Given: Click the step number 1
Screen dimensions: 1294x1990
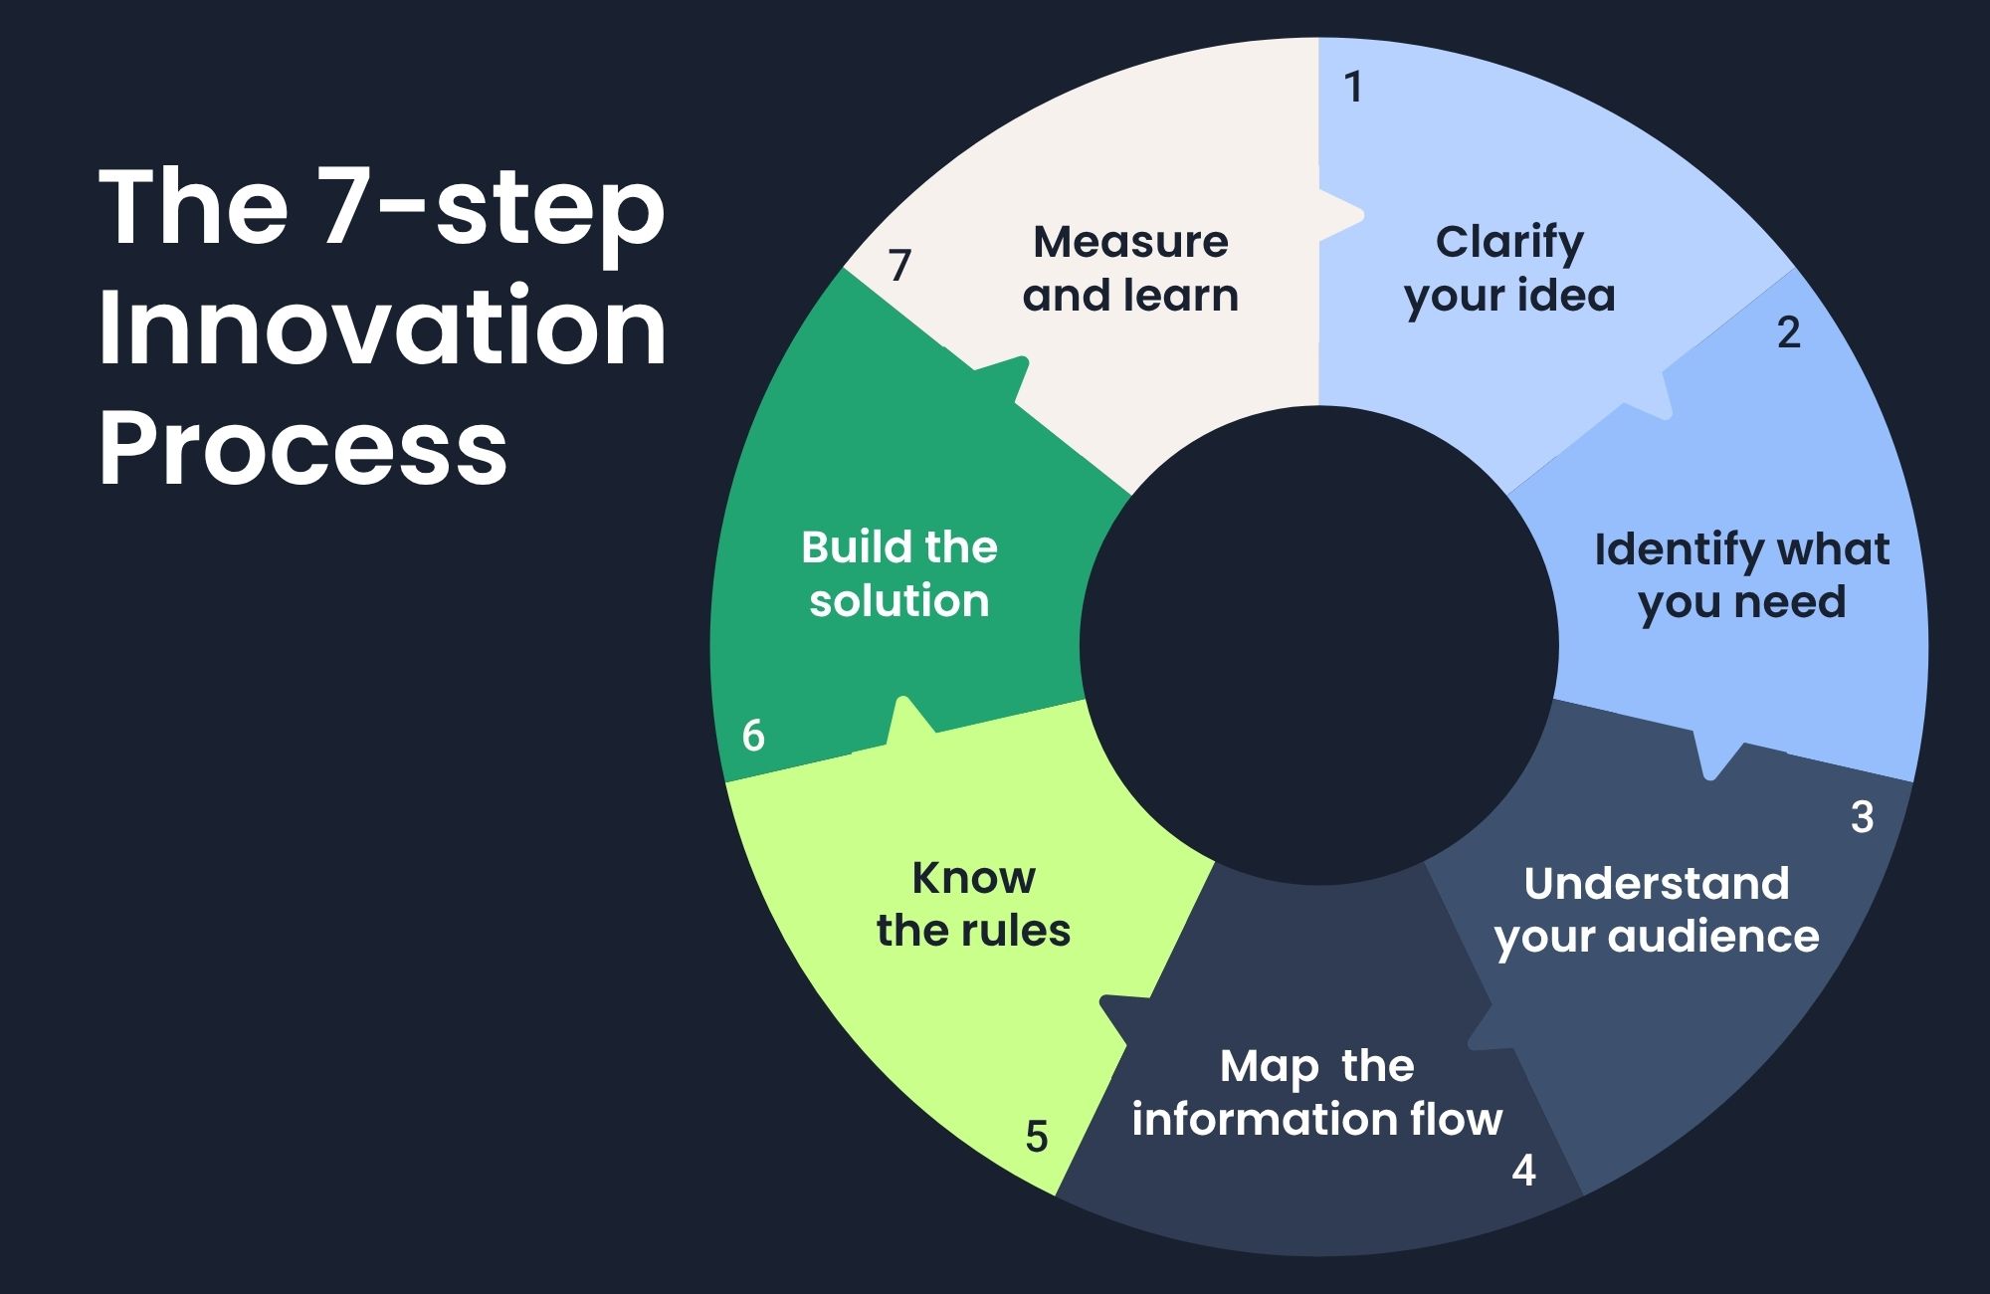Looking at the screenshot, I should (x=1352, y=88).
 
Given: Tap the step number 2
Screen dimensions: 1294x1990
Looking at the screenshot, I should (x=1788, y=332).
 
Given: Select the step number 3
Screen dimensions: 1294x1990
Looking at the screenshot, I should (x=1862, y=817).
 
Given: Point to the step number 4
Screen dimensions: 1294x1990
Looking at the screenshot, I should (x=1523, y=1171).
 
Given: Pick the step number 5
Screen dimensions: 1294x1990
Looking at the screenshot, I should (x=1036, y=1137).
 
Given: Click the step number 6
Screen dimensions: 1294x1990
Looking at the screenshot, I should (x=753, y=736).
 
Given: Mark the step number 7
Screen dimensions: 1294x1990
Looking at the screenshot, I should (x=899, y=265).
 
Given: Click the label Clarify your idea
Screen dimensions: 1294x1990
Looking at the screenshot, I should (x=1509, y=269).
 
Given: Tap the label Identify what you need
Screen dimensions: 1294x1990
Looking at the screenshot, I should (x=1741, y=575).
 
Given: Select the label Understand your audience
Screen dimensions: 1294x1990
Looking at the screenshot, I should (x=1657, y=910).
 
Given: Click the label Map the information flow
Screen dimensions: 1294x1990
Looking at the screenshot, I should (x=1316, y=1093).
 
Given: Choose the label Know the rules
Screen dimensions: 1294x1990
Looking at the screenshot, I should (x=973, y=904).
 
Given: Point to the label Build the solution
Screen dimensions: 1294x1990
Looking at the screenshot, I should (x=898, y=574).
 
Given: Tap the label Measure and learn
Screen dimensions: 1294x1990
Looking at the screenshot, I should (x=1130, y=269).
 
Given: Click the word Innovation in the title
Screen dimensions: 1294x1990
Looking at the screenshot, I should (x=382, y=328).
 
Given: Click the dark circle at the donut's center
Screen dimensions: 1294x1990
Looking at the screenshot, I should (x=1318, y=645).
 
